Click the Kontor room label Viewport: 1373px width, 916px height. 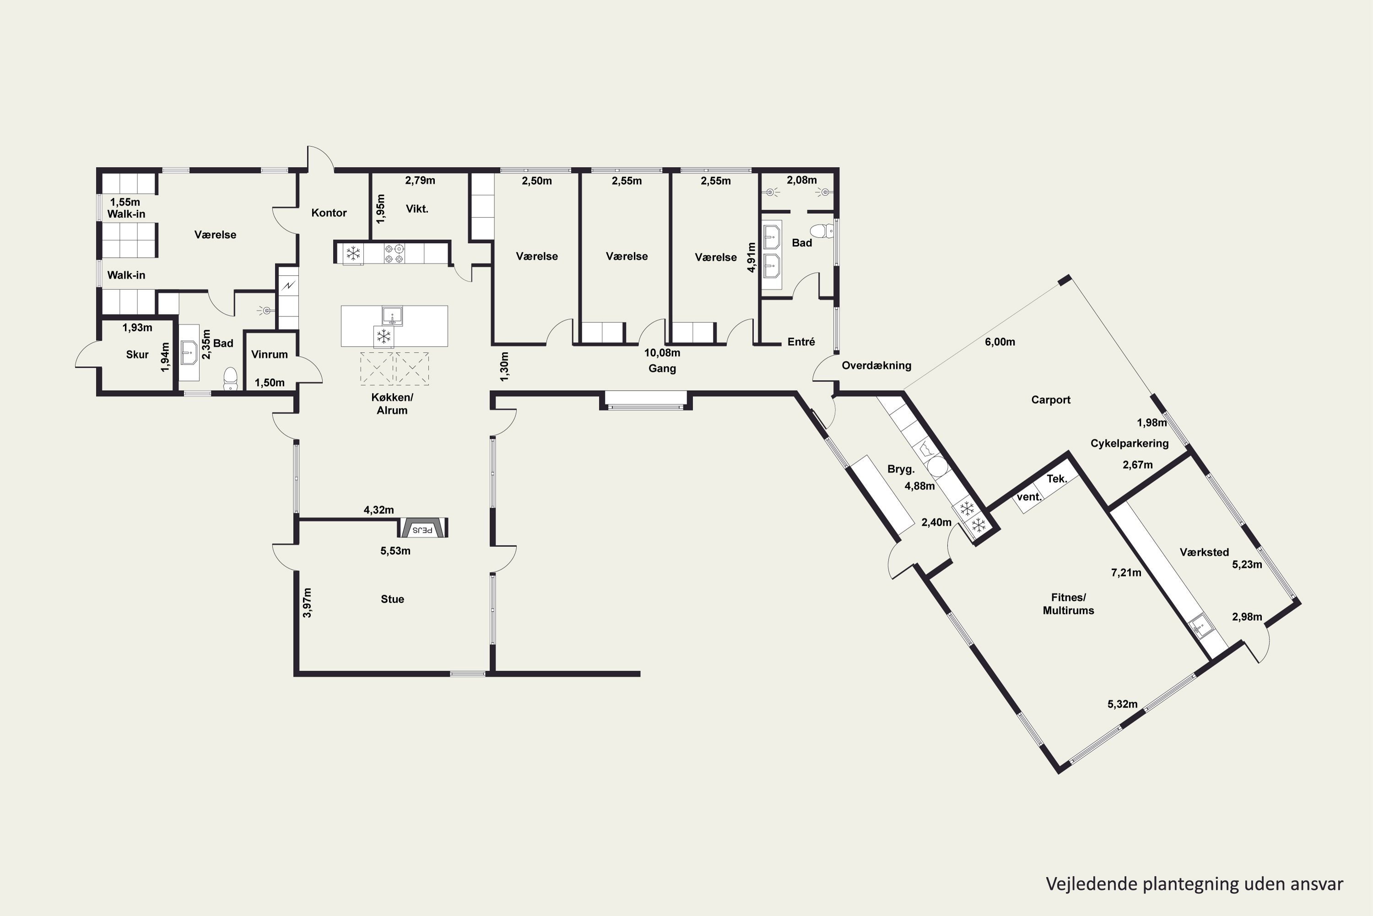[329, 213]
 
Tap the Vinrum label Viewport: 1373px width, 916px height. [269, 354]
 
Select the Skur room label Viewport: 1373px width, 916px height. [137, 354]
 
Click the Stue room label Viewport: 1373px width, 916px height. [392, 599]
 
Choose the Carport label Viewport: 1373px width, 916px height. [1051, 399]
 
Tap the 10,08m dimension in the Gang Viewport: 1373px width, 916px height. [662, 353]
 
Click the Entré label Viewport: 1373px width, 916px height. [801, 342]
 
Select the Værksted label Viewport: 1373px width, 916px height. [1204, 552]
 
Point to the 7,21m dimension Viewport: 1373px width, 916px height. [1126, 572]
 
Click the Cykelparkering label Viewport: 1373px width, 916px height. [1130, 443]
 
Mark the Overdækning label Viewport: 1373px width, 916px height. [876, 365]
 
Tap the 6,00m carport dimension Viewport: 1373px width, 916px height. [1000, 342]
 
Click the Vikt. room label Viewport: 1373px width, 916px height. [417, 208]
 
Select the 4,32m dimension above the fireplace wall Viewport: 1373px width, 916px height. [379, 510]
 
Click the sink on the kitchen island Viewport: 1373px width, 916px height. [392, 316]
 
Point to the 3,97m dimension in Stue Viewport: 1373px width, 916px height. [308, 602]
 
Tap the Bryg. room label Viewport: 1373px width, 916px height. [901, 469]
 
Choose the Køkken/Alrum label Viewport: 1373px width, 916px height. [392, 403]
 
